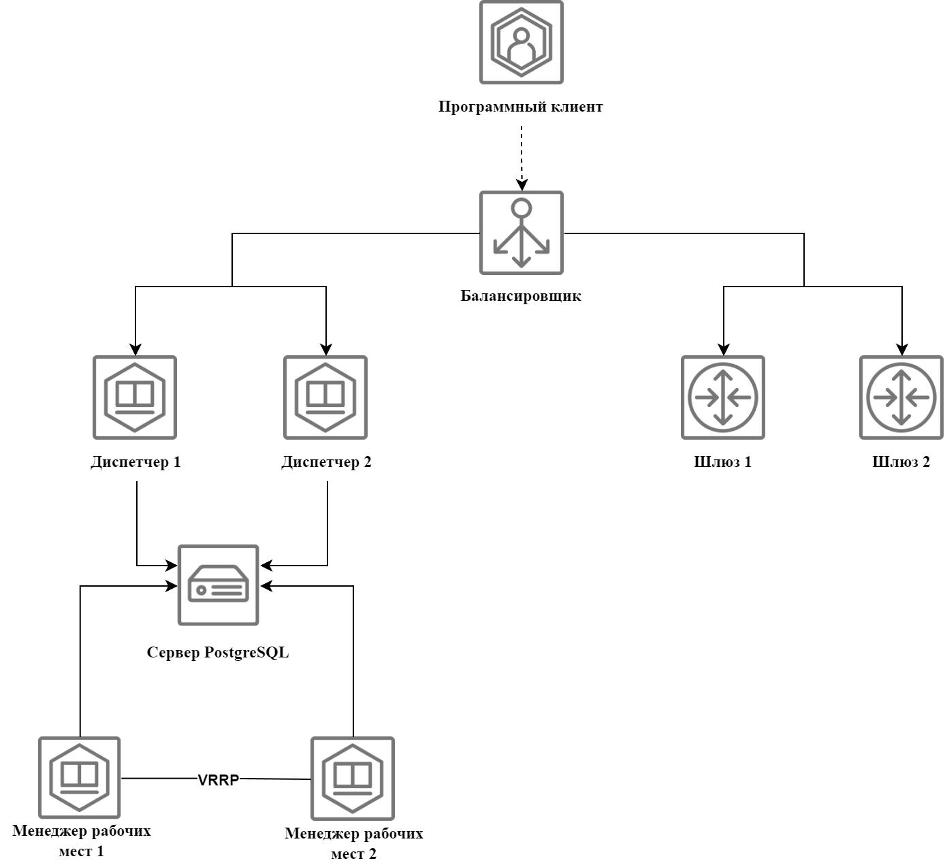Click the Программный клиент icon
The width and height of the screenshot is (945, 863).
(x=522, y=42)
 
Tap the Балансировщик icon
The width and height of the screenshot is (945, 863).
(x=522, y=233)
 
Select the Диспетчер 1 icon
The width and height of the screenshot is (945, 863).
(x=135, y=397)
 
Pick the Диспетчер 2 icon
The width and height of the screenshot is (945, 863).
(x=325, y=397)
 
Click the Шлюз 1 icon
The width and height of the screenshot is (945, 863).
(x=723, y=397)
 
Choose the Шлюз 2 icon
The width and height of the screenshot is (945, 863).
(x=901, y=397)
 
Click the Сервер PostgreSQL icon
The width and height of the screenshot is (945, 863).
(x=219, y=585)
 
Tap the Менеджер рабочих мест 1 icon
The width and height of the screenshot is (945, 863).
(x=80, y=777)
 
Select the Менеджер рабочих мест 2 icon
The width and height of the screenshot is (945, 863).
(x=353, y=779)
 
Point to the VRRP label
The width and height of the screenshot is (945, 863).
(x=218, y=780)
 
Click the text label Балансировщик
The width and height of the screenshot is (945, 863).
(x=521, y=296)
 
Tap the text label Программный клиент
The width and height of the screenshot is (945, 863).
(x=521, y=107)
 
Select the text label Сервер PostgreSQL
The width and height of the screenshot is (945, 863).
(x=218, y=652)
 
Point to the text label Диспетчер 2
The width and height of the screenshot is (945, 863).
(x=326, y=462)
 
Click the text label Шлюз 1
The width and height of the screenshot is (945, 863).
(x=723, y=462)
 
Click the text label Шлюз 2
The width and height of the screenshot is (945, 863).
(x=901, y=462)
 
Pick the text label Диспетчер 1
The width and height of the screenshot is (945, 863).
(x=135, y=462)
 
